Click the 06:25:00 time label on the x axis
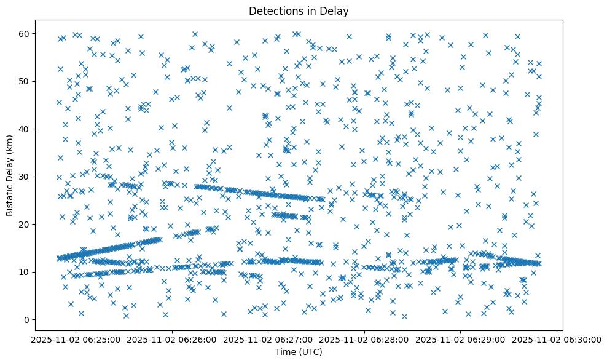point(76,339)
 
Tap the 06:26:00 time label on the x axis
point(172,339)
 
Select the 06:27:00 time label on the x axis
point(268,339)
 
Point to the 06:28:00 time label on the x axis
point(365,339)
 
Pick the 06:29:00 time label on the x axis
point(461,339)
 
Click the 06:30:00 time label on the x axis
point(557,339)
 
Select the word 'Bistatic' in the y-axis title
point(10,198)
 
